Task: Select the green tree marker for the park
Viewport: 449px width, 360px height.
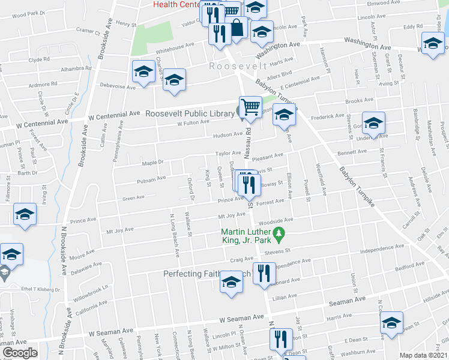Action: click(278, 232)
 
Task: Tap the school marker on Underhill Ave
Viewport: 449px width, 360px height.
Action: click(373, 124)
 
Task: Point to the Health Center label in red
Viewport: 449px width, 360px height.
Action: click(176, 4)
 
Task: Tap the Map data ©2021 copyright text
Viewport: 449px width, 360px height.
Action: click(423, 355)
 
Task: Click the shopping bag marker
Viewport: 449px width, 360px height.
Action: click(237, 28)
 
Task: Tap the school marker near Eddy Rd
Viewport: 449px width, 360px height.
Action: click(433, 44)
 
